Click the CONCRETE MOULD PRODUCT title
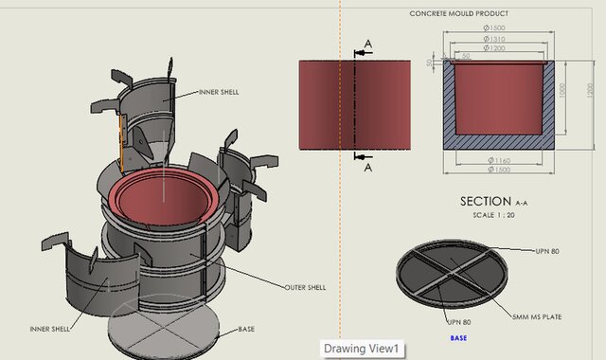459,13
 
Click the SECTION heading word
486,201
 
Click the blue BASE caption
457,338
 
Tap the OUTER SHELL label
305,287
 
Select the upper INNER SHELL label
219,92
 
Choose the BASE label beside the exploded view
246,329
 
